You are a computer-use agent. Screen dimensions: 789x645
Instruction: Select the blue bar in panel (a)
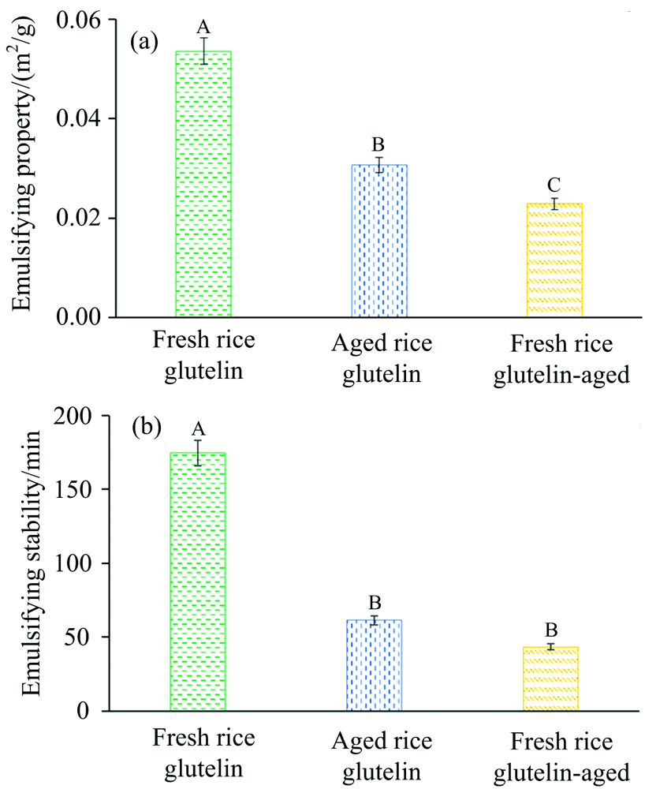click(379, 241)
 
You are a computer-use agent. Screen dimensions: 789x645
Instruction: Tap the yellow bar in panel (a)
click(554, 260)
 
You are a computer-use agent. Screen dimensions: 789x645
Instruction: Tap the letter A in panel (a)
click(203, 27)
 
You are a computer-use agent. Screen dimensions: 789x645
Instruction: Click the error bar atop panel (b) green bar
click(199, 452)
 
